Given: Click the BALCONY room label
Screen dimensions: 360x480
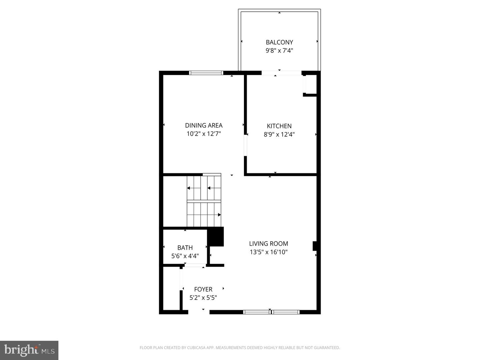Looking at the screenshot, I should tap(279, 42).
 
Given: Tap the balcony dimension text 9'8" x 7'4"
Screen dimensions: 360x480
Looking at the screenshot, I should tap(279, 51).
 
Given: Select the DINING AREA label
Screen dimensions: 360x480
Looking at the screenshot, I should tap(204, 125).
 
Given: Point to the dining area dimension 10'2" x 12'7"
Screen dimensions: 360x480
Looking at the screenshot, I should tap(204, 134).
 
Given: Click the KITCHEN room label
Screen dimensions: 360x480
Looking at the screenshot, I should tap(279, 126).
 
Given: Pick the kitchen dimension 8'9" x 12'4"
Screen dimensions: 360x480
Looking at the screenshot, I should tap(279, 135).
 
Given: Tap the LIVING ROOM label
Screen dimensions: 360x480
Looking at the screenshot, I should tap(269, 244).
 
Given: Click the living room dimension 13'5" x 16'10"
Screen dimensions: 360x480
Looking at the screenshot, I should tap(269, 252).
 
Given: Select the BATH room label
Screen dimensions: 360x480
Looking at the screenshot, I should tap(185, 248).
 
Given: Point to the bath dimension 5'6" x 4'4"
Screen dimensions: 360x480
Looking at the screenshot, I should tap(185, 256).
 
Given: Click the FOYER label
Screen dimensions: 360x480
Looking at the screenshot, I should tap(203, 289).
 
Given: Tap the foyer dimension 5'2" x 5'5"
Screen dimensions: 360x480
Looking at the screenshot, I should tap(203, 298).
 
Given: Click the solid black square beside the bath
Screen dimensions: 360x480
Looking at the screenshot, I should tap(216, 236).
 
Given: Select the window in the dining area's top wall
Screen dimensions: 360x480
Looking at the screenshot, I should tap(206, 73).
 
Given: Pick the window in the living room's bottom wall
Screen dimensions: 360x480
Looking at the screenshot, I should tap(271, 312).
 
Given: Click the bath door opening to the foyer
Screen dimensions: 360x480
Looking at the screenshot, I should tap(195, 266).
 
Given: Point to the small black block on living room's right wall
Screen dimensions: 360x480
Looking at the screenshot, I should tap(314, 246).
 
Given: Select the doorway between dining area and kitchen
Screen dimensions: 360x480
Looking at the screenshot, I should tap(245, 145).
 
